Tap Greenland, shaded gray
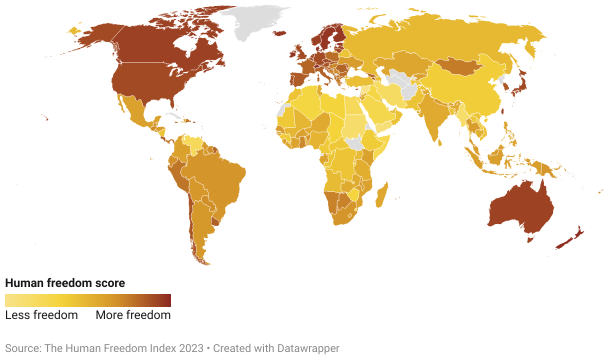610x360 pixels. point(255,22)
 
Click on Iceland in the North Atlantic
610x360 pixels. point(279,33)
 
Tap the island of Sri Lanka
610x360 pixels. point(440,142)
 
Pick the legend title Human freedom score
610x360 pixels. point(65,283)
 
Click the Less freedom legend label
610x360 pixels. point(41,315)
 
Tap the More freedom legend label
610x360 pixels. point(133,315)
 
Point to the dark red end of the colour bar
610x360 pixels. point(168,300)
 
